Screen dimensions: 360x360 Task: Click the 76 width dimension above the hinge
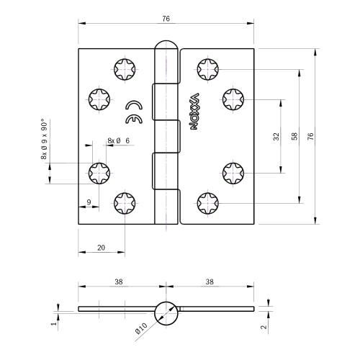point(166,19)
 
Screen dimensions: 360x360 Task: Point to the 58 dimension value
point(294,136)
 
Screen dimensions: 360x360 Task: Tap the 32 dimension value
point(276,136)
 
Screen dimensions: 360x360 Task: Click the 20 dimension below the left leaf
point(101,247)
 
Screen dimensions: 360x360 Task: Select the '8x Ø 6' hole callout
point(118,140)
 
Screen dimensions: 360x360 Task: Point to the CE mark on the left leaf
point(132,111)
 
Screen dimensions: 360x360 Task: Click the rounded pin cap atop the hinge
point(166,52)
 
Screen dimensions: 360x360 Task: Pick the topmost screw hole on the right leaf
point(207,69)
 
